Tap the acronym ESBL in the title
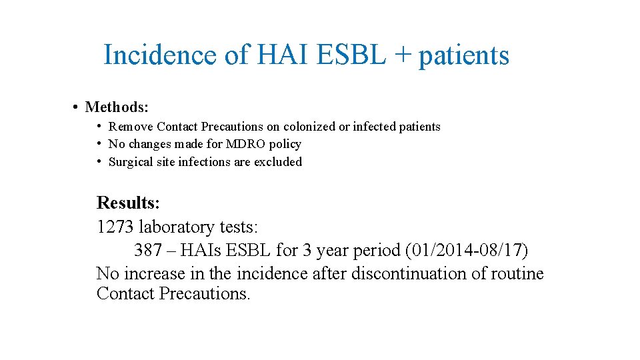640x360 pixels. (x=351, y=55)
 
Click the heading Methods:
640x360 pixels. (x=117, y=107)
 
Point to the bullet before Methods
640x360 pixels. (x=77, y=107)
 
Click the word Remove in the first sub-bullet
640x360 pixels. (x=131, y=127)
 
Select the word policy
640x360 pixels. (x=286, y=145)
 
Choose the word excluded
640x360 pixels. (x=277, y=162)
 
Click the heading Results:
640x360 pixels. (x=128, y=203)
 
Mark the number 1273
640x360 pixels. (x=115, y=227)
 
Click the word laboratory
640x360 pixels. (x=177, y=227)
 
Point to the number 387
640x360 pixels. (x=148, y=250)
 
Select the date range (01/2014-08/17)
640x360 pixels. (x=466, y=251)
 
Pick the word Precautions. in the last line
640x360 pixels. (x=205, y=293)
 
